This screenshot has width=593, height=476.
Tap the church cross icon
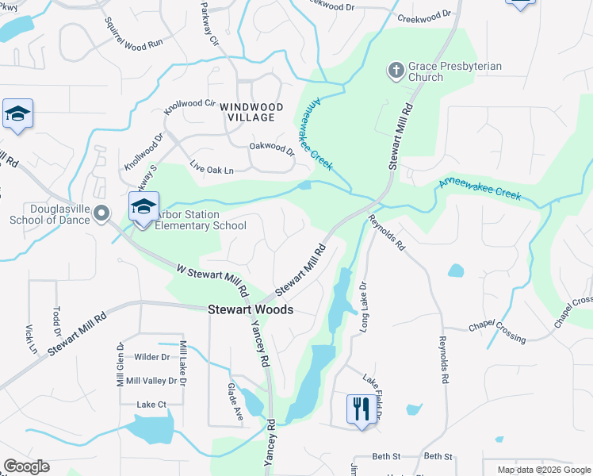click(395, 71)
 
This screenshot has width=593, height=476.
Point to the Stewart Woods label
click(251, 310)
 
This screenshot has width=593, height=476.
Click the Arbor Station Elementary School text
click(199, 220)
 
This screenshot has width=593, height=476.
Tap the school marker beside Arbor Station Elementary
click(143, 208)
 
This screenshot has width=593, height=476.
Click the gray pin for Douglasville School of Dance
click(101, 213)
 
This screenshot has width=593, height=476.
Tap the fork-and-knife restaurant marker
click(361, 409)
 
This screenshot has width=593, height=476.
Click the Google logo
click(26, 466)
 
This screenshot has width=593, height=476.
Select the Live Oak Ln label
click(212, 170)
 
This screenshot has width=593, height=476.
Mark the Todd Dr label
click(57, 321)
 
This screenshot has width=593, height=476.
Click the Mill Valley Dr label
click(151, 381)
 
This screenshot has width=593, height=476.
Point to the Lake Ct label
click(151, 405)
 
